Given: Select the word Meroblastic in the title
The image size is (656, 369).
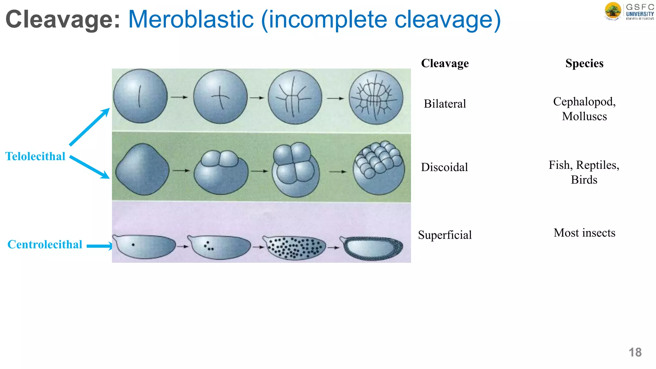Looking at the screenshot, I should [191, 19].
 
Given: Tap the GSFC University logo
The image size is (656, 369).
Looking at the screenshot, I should [629, 12].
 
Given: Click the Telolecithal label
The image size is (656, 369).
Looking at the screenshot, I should [35, 156].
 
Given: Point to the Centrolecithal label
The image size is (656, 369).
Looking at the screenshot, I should [45, 244].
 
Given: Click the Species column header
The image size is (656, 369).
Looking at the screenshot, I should [584, 63].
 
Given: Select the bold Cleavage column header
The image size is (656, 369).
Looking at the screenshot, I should [445, 63].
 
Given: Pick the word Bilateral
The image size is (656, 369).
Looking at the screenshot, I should [445, 104].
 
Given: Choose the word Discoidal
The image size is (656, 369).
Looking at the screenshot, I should [444, 167].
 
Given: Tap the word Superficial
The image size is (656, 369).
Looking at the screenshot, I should [445, 235].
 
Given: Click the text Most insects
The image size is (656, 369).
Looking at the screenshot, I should [584, 233].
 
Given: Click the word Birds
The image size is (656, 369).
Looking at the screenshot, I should [584, 180].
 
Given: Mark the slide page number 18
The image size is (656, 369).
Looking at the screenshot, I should [635, 352].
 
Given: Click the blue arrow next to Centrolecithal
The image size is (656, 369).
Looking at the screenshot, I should [99, 246].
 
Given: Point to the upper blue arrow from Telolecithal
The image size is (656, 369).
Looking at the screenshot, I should [89, 127].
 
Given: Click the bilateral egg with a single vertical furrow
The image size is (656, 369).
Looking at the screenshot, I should [140, 96].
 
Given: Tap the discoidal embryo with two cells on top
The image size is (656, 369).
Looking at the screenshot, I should [221, 172].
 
